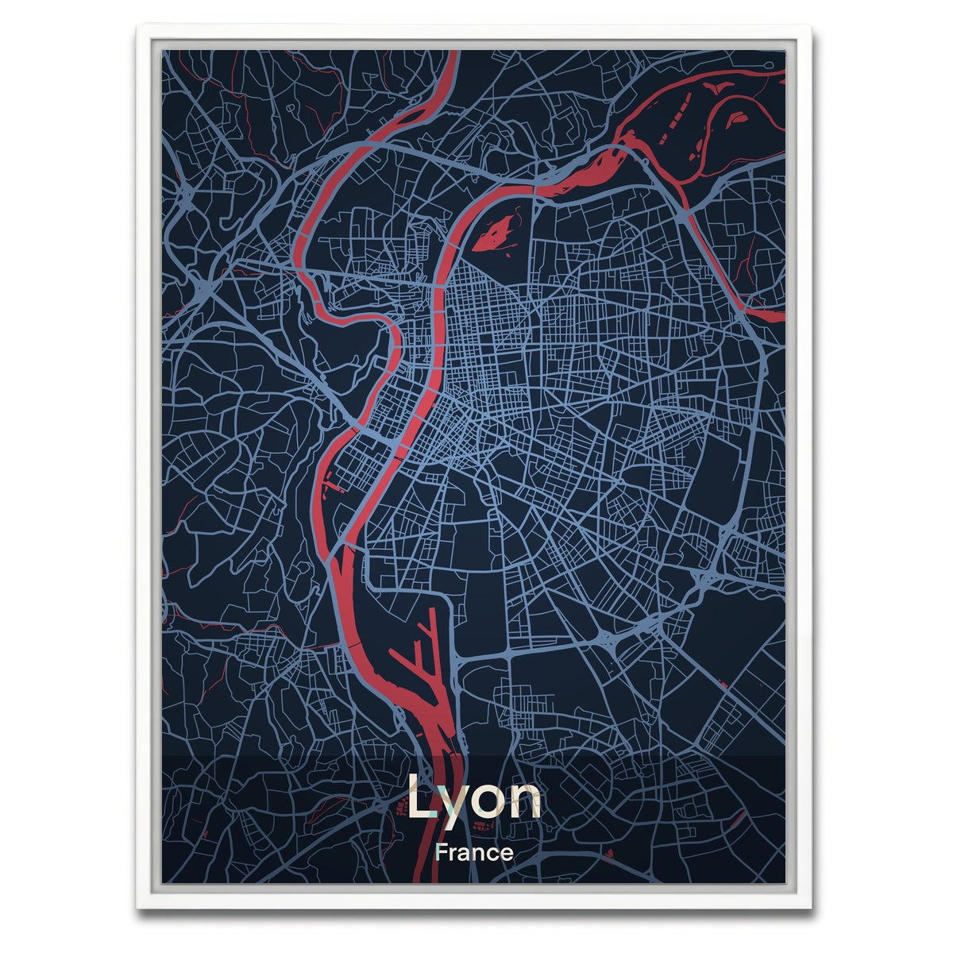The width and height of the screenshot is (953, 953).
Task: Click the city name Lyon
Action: (x=474, y=798)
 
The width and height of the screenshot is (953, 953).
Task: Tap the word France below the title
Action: (x=474, y=853)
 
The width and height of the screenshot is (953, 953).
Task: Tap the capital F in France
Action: (x=442, y=853)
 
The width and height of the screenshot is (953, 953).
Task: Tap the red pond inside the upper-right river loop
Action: (x=737, y=117)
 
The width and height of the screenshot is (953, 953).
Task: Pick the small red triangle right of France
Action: (x=609, y=853)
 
